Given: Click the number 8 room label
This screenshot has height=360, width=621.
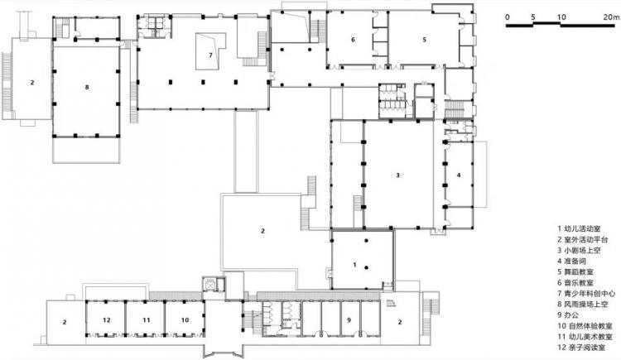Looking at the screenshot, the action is click(x=87, y=87).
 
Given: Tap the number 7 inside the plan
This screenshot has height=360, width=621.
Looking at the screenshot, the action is click(x=210, y=55).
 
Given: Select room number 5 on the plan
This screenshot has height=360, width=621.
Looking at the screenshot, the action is click(x=425, y=40).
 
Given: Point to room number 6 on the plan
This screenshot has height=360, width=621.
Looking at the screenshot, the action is click(x=353, y=40).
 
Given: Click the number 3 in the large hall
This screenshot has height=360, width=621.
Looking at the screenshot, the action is click(x=398, y=175).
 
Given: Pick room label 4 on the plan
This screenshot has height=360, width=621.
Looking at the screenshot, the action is click(x=459, y=175).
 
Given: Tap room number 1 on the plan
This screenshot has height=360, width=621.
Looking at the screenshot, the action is click(x=355, y=265).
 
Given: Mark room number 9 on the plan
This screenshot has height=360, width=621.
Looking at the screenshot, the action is click(x=349, y=320).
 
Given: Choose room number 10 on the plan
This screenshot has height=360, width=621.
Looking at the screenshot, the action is click(x=185, y=320).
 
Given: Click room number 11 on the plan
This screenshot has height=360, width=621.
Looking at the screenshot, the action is click(x=147, y=320).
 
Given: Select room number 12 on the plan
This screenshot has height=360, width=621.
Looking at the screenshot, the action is click(x=107, y=320).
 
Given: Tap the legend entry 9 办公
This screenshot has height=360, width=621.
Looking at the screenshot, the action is click(x=568, y=315).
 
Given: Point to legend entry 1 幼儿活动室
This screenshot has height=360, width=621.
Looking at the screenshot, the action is click(x=579, y=229).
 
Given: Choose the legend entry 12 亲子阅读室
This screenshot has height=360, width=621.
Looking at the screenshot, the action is click(x=581, y=348).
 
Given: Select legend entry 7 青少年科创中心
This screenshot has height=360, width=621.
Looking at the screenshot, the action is click(x=586, y=294).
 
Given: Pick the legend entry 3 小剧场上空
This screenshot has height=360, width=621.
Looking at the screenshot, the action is click(x=579, y=250).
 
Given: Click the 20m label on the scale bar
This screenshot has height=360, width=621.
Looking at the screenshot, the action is click(x=611, y=17).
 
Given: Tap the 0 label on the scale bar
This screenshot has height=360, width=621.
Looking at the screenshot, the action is click(x=508, y=17).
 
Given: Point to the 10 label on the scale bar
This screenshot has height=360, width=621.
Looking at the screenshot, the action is click(x=561, y=17).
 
